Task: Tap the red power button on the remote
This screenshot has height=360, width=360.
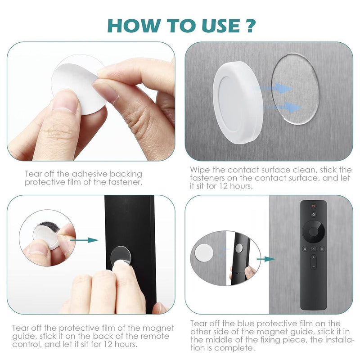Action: (314, 206)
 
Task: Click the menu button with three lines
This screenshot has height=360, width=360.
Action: (322, 248)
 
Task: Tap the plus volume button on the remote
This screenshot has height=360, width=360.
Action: (314, 257)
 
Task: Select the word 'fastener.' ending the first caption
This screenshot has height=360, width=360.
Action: (127, 182)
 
